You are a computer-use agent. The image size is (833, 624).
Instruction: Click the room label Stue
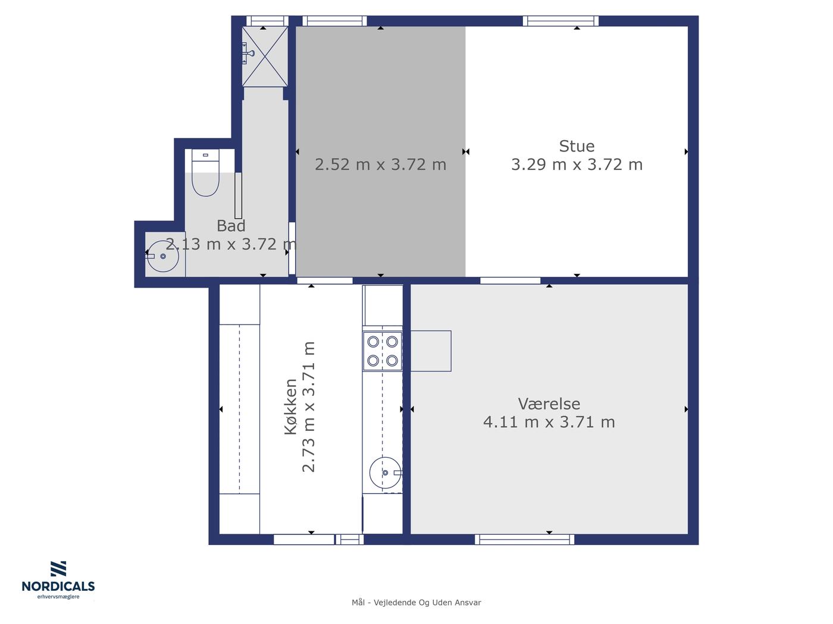tap(577, 146)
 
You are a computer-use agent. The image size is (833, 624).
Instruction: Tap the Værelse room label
tap(549, 404)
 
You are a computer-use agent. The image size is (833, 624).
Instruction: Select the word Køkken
tap(290, 406)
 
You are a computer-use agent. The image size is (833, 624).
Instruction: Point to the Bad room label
tap(231, 226)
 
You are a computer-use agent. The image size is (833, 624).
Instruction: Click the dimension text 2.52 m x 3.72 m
tap(380, 165)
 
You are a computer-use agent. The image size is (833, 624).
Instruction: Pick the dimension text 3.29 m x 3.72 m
tap(577, 165)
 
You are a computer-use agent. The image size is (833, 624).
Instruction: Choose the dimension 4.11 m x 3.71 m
tap(549, 422)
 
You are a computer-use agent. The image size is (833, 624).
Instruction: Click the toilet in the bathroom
tap(205, 173)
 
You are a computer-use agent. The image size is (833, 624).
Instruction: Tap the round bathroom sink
tap(163, 256)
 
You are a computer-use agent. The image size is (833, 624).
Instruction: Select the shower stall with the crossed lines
tap(265, 56)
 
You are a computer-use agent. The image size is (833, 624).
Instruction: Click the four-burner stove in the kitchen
tap(382, 351)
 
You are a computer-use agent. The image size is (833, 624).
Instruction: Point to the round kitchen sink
tap(386, 472)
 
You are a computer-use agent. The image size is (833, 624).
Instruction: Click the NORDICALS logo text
tap(58, 586)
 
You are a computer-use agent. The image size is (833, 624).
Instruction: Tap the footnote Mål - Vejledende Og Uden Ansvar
tap(416, 603)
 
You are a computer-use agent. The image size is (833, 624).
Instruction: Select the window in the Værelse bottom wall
tap(524, 539)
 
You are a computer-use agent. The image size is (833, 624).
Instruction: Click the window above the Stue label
tap(560, 21)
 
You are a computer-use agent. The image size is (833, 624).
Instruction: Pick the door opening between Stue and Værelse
tap(510, 281)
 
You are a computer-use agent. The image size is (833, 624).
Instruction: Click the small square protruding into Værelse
tap(431, 351)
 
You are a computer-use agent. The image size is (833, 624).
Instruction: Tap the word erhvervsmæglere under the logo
tap(58, 597)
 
